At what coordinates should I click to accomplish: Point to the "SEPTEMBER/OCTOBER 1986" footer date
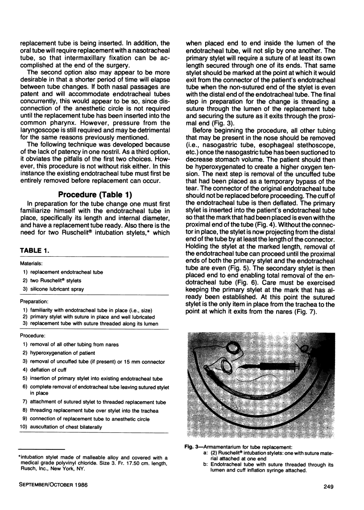tap(51, 485)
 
